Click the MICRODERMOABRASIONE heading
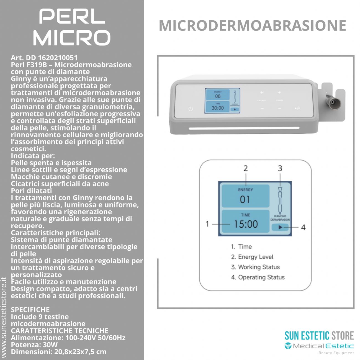(x=252, y=25)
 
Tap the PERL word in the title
(x=72, y=17)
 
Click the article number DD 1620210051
(x=44, y=58)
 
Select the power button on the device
(x=191, y=109)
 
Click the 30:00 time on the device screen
(x=218, y=108)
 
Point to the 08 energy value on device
(x=218, y=96)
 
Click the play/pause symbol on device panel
(x=297, y=108)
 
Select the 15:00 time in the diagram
(x=246, y=224)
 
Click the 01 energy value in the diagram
(x=245, y=199)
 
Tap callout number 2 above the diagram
(x=245, y=168)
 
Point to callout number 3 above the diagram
(x=280, y=168)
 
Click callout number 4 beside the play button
(x=303, y=227)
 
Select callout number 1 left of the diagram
(x=207, y=224)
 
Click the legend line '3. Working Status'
(x=255, y=267)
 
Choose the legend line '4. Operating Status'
(x=258, y=277)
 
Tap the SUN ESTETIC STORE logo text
(x=319, y=336)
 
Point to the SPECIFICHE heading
(x=30, y=310)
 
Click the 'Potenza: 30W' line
(x=34, y=345)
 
